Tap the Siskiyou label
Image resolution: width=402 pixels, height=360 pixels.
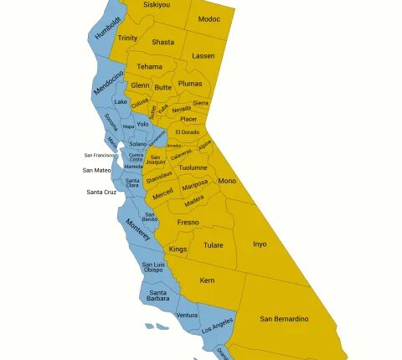156,5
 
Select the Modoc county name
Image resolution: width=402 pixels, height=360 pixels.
209,19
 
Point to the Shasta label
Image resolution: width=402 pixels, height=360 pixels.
163,42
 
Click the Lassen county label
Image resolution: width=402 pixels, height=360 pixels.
203,56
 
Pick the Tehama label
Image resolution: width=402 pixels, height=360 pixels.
150,67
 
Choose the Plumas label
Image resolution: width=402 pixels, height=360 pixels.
190,84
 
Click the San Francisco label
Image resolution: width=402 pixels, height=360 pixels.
100,155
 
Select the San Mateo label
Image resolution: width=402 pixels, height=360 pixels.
96,170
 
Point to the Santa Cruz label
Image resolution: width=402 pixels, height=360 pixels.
100,193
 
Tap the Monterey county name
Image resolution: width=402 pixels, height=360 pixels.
138,229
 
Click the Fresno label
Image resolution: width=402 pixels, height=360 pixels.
188,223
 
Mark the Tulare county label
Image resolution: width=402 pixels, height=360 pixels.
213,245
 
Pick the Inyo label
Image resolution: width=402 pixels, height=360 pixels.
260,244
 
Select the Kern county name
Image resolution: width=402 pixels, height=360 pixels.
207,280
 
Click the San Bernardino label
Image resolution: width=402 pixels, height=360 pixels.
284,319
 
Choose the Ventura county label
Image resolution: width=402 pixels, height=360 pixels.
187,316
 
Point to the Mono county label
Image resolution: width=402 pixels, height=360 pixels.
227,181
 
